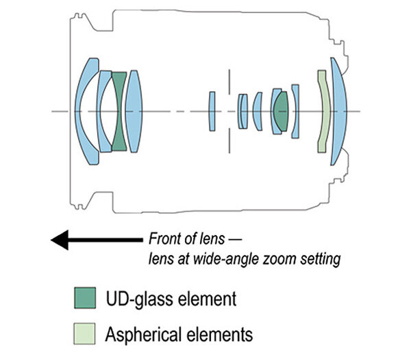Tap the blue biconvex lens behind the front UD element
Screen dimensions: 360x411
pyautogui.click(x=134, y=110)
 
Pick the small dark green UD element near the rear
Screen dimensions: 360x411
pyautogui.click(x=280, y=110)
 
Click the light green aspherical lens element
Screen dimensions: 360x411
pyautogui.click(x=323, y=110)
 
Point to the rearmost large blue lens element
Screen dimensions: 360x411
pyautogui.click(x=338, y=110)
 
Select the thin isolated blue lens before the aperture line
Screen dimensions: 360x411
pyautogui.click(x=212, y=110)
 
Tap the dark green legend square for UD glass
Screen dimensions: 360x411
pyautogui.click(x=84, y=298)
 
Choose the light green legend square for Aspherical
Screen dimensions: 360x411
pyautogui.click(x=84, y=334)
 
